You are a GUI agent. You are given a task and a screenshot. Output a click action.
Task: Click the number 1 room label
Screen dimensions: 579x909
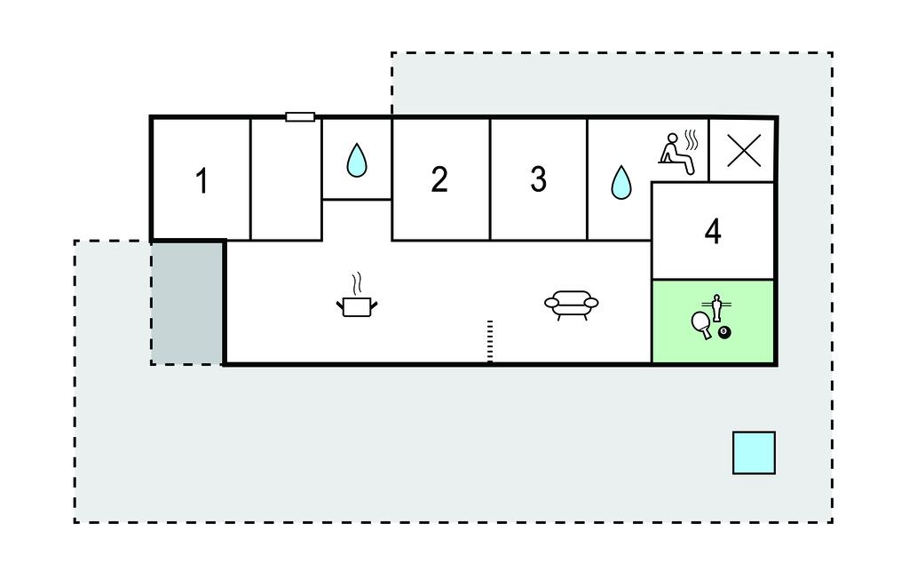pyautogui.click(x=202, y=181)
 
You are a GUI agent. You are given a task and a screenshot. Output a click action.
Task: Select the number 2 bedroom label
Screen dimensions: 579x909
pyautogui.click(x=439, y=179)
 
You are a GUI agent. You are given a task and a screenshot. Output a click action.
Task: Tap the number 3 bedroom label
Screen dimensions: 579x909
pyautogui.click(x=538, y=179)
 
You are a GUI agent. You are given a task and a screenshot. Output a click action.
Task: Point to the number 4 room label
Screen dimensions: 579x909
pyautogui.click(x=713, y=232)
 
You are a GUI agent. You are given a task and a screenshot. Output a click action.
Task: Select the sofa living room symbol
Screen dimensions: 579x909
pyautogui.click(x=571, y=304)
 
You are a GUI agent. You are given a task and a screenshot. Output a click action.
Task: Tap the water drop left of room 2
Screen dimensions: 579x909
pyautogui.click(x=356, y=161)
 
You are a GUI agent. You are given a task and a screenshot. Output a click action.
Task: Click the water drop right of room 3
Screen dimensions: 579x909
pyautogui.click(x=620, y=182)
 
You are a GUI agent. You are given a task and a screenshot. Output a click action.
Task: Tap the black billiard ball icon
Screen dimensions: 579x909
pyautogui.click(x=725, y=333)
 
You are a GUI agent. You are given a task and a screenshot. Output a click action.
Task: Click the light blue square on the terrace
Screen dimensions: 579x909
pyautogui.click(x=754, y=453)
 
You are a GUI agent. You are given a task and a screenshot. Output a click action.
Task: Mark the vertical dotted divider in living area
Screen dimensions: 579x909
pyautogui.click(x=489, y=341)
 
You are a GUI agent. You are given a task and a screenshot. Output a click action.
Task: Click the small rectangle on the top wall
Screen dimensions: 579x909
pyautogui.click(x=300, y=116)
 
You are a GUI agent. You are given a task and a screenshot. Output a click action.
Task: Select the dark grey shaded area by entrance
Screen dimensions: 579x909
pyautogui.click(x=186, y=302)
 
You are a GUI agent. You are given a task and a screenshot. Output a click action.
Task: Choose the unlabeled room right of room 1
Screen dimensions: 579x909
pyautogui.click(x=286, y=179)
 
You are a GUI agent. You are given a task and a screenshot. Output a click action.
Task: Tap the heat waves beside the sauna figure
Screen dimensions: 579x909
pyautogui.click(x=693, y=139)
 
